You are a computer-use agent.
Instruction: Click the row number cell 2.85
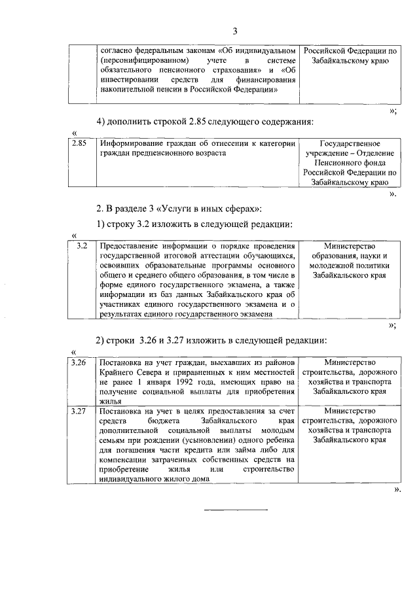[x=79, y=143]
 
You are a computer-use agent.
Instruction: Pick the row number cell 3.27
[x=79, y=411]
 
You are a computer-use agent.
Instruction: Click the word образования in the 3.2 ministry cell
[x=350, y=256]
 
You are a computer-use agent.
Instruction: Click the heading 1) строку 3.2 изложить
[x=194, y=224]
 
